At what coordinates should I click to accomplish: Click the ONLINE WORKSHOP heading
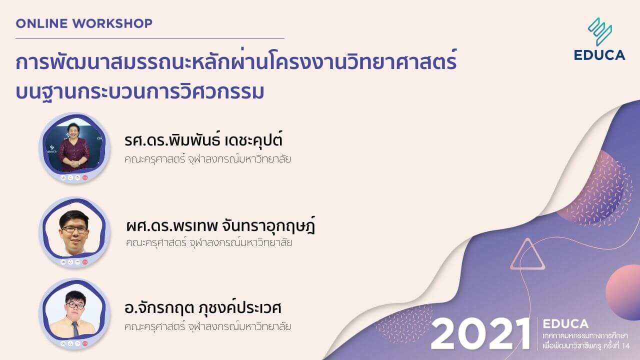pos(84,23)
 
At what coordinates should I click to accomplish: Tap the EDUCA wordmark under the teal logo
pos(599,55)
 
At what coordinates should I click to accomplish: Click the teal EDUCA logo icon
pos(600,31)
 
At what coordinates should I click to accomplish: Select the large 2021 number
pos(480,333)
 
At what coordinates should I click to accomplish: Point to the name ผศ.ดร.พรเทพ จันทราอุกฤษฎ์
pos(220,226)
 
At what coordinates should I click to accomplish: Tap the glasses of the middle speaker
pos(74,229)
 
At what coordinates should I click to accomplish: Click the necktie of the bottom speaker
pos(74,329)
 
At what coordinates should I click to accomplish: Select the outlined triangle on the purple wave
pos(527,255)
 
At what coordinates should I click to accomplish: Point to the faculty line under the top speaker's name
pos(208,160)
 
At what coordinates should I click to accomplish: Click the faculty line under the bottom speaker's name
pos(208,327)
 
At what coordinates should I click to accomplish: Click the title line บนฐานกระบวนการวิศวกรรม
pos(140,92)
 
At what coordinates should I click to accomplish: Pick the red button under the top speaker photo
pos(85,177)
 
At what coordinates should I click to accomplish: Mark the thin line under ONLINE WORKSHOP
pos(149,38)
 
